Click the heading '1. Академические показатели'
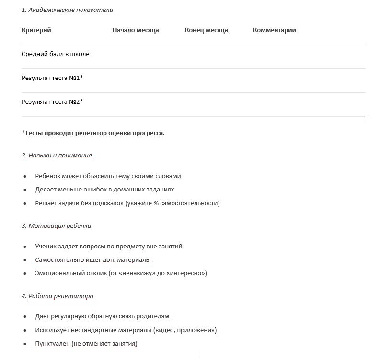coord(67,10)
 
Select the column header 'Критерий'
coord(36,30)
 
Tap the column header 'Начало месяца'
coord(136,30)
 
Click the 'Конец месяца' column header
coord(206,30)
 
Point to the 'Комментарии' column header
coord(274,30)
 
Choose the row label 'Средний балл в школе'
coord(55,54)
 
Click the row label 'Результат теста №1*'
coord(52,78)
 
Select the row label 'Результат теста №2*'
coord(52,102)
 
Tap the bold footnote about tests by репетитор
coord(93,133)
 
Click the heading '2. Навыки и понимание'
coord(57,156)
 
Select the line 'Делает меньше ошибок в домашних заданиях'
coord(104,190)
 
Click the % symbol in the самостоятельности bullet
coord(156,203)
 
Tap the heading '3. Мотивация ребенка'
coord(56,226)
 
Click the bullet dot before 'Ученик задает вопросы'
coord(25,247)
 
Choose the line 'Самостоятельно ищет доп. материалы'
coord(92,260)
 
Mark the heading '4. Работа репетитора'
coord(58,296)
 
